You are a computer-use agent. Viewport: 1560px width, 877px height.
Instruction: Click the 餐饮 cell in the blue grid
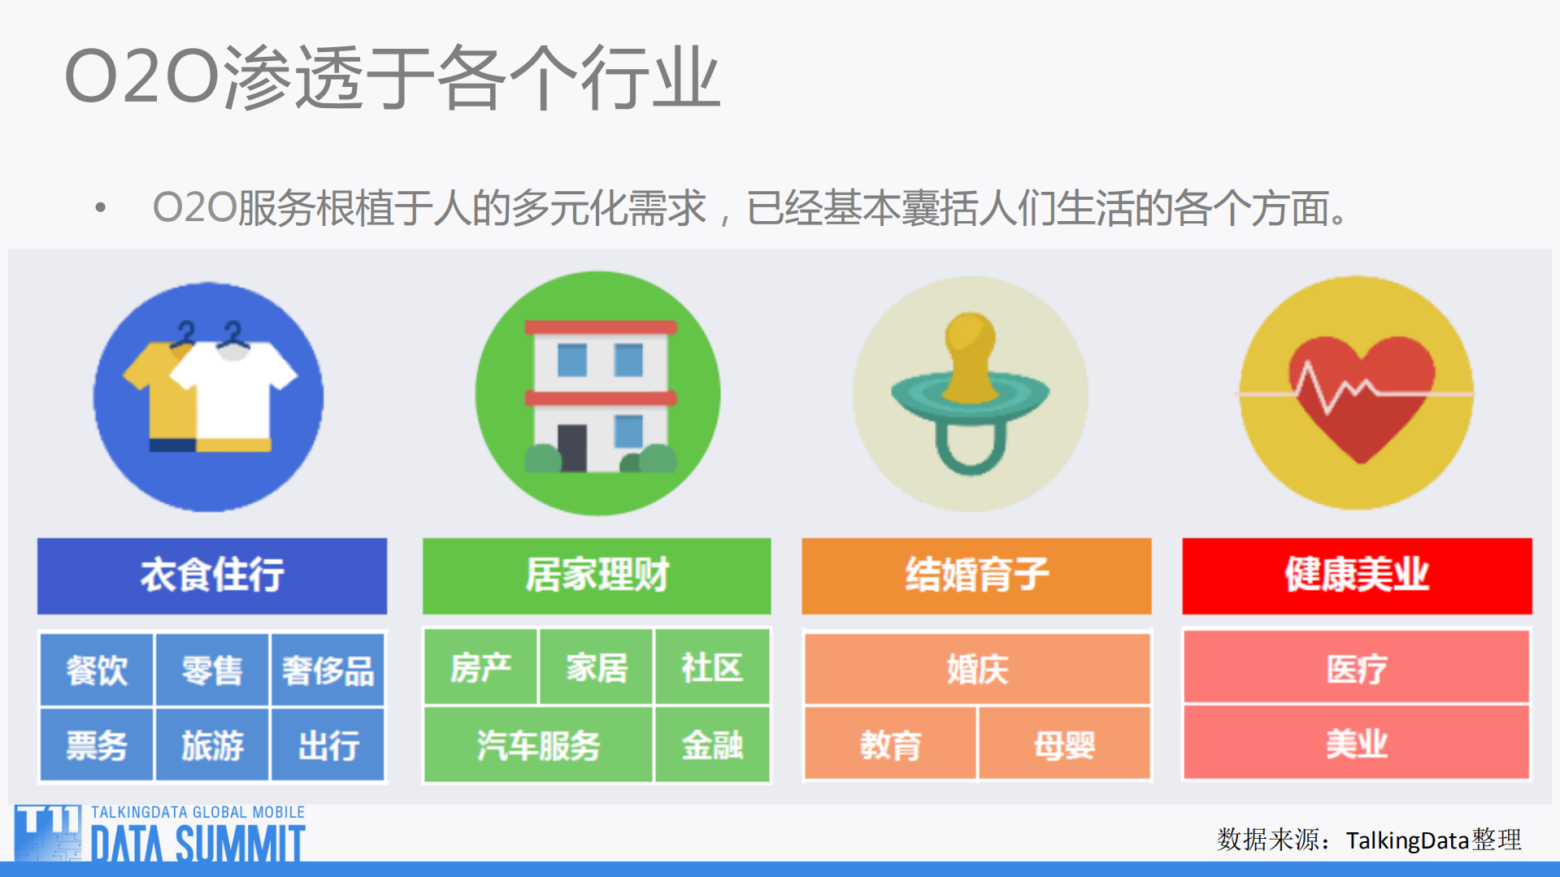point(97,671)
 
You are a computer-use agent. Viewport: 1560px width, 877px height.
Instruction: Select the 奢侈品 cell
point(328,671)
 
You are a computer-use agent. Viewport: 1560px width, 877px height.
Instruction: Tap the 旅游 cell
point(212,745)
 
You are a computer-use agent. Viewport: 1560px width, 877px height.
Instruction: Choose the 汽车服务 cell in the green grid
point(538,745)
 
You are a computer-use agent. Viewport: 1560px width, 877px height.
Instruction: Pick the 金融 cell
point(712,745)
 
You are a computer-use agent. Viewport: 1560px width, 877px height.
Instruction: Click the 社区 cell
point(712,668)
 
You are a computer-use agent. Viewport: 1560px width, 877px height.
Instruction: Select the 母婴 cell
point(1064,745)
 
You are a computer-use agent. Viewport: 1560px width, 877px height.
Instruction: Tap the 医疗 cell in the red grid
point(1356,669)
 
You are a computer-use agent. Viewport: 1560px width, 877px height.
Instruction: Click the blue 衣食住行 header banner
point(212,575)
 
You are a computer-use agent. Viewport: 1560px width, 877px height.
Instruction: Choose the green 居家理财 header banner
point(597,575)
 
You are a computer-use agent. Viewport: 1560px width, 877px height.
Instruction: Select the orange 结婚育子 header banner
point(976,575)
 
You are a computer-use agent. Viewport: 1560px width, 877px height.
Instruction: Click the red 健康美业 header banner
point(1356,575)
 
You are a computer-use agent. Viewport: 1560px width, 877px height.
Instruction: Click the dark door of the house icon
point(572,448)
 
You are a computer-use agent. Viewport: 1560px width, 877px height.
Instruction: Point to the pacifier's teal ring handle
point(971,451)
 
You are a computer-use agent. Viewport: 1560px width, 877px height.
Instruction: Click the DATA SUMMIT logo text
point(198,844)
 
